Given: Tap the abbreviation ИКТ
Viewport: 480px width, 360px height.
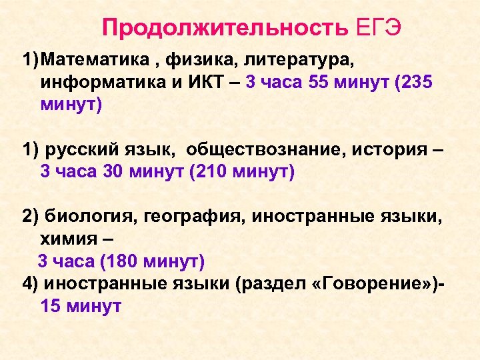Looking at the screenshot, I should pos(198,83).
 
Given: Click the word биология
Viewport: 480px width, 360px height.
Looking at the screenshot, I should pos(85,217).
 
